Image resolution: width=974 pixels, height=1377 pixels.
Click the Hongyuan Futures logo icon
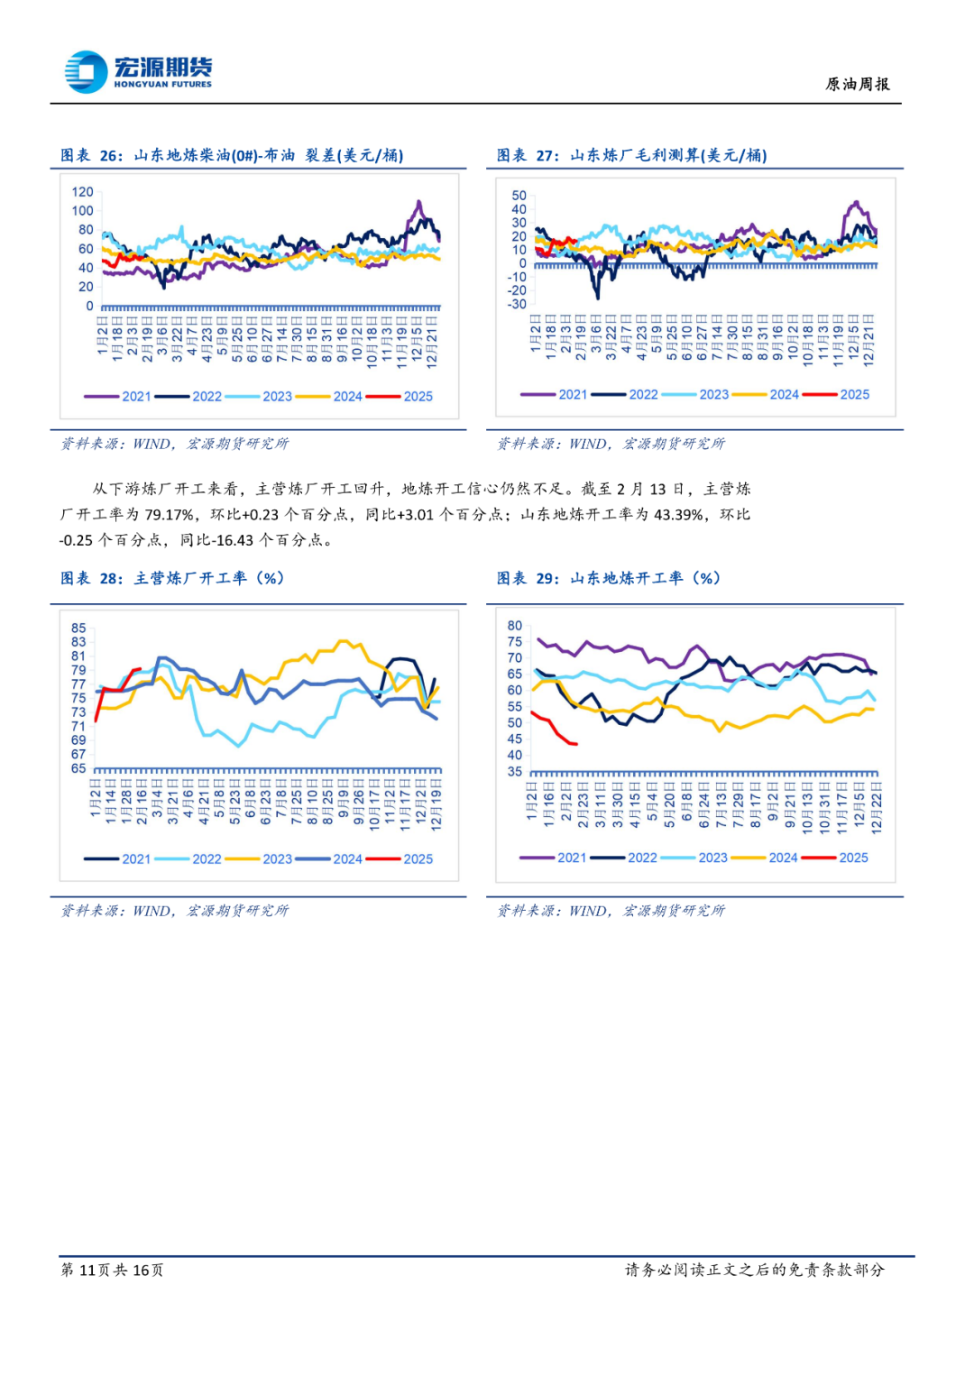tap(87, 72)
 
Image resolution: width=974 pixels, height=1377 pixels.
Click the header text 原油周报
tap(857, 84)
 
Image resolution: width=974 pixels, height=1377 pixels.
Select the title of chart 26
tap(232, 155)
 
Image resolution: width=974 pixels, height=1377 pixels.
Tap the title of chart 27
tap(631, 155)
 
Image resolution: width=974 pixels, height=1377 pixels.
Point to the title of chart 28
tap(172, 578)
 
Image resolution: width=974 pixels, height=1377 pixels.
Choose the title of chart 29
tap(609, 578)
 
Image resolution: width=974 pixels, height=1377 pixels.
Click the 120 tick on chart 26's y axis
tap(82, 192)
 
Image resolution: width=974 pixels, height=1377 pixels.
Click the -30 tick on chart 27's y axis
tap(517, 304)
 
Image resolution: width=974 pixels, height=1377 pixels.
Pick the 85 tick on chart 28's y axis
tap(78, 628)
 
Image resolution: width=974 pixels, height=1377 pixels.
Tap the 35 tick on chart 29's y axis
tap(514, 771)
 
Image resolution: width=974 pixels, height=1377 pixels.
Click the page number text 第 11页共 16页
tap(112, 1270)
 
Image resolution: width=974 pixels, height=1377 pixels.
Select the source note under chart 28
tap(174, 911)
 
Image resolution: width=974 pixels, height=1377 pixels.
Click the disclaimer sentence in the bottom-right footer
tap(755, 1270)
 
